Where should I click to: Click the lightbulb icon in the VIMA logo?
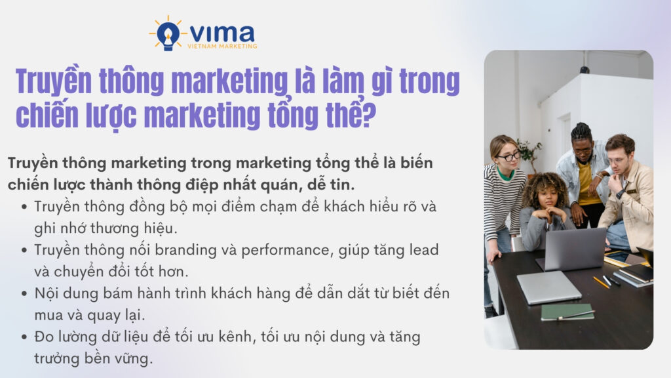point(168,33)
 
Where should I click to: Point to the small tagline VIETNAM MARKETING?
point(223,46)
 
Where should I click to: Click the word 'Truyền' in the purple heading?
point(52,83)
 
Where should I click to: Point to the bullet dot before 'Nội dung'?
point(24,293)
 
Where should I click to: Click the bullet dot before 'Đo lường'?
point(24,337)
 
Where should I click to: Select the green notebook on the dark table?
point(567,312)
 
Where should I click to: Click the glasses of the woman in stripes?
point(508,156)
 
